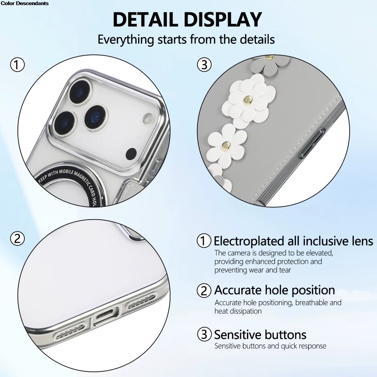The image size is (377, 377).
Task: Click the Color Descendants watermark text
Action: (25, 3)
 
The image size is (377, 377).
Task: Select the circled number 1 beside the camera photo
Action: (17, 65)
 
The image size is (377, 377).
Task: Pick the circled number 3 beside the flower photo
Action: (204, 65)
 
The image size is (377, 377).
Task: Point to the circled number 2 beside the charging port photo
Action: (17, 239)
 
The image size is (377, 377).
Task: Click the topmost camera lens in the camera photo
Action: (80, 92)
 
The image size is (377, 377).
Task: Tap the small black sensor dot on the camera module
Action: (131, 154)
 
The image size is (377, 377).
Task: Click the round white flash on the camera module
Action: (148, 119)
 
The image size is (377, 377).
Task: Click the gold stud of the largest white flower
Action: (248, 100)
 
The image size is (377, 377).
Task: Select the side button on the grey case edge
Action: (312, 144)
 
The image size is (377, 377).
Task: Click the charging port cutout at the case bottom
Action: (106, 316)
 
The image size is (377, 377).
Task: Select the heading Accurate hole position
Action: (274, 290)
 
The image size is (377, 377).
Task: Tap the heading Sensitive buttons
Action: (260, 335)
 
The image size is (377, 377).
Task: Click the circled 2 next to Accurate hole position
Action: (204, 290)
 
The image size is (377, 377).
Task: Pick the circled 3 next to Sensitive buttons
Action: (204, 334)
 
